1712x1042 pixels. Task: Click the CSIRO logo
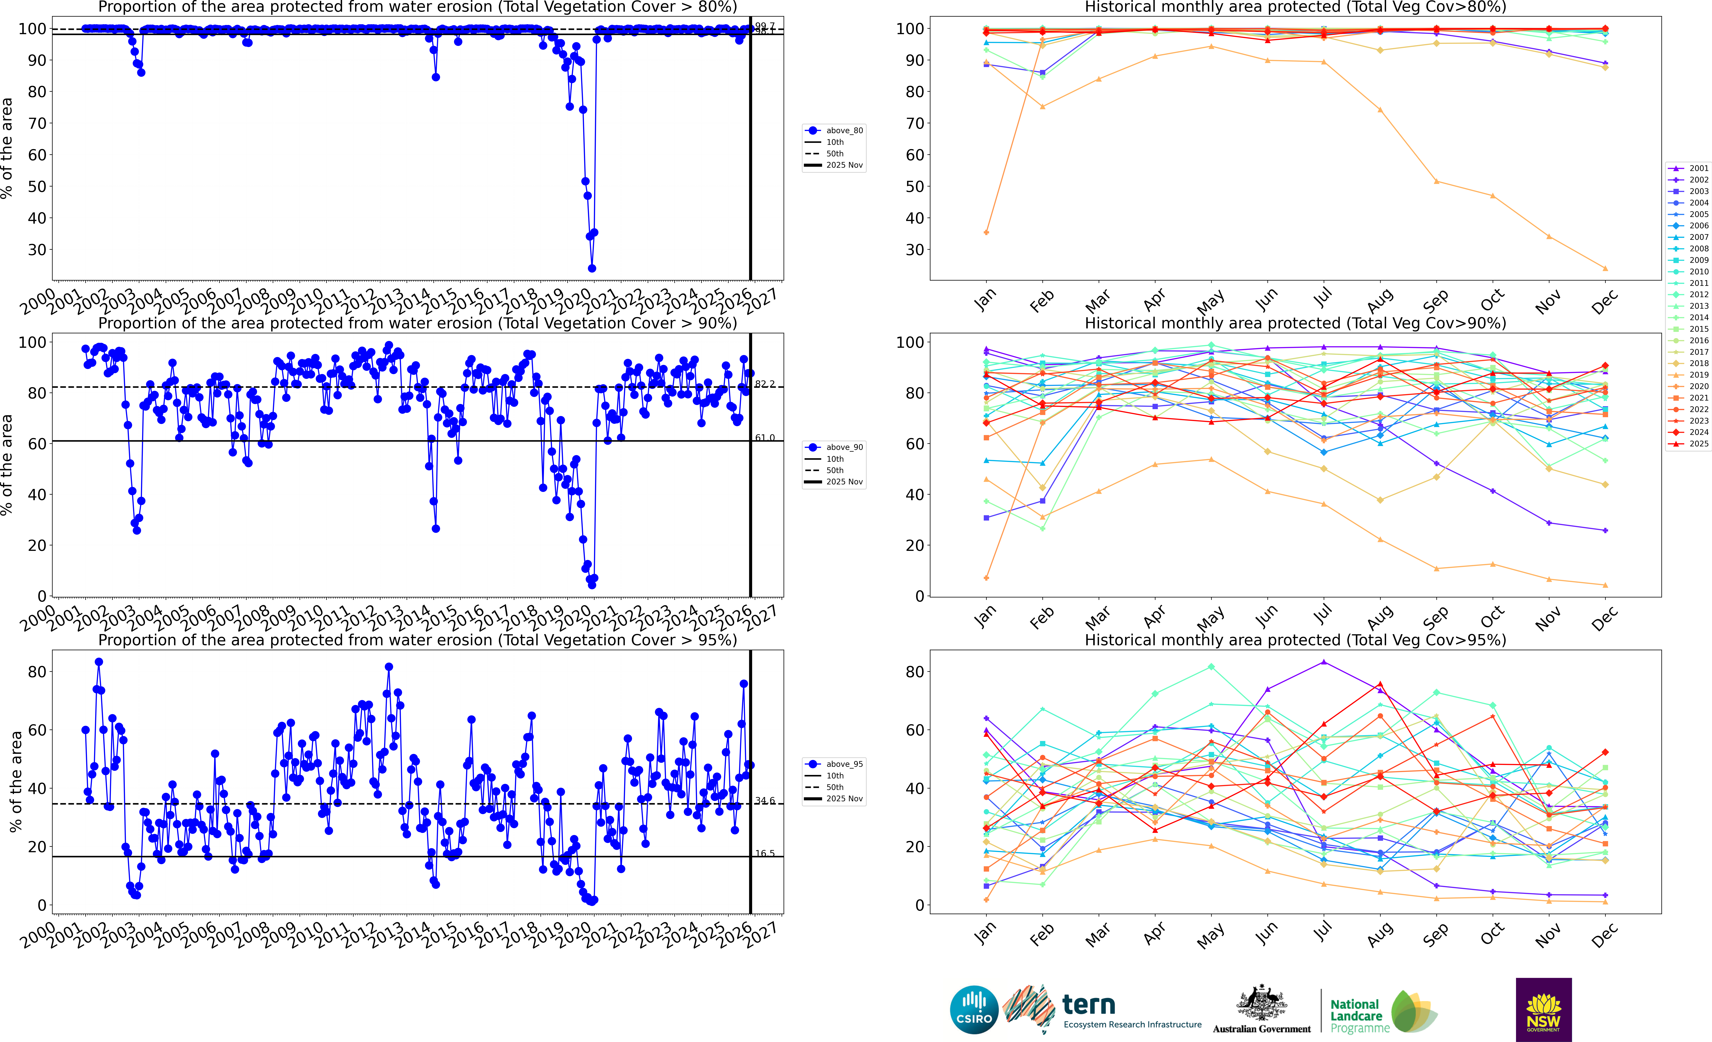coord(974,1009)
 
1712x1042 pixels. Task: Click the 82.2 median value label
coord(765,384)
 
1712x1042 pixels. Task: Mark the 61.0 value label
coord(765,438)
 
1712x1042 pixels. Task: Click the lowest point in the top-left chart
coord(592,268)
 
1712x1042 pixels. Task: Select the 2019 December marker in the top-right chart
coord(1605,268)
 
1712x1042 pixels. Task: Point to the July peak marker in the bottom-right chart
coord(1324,662)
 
